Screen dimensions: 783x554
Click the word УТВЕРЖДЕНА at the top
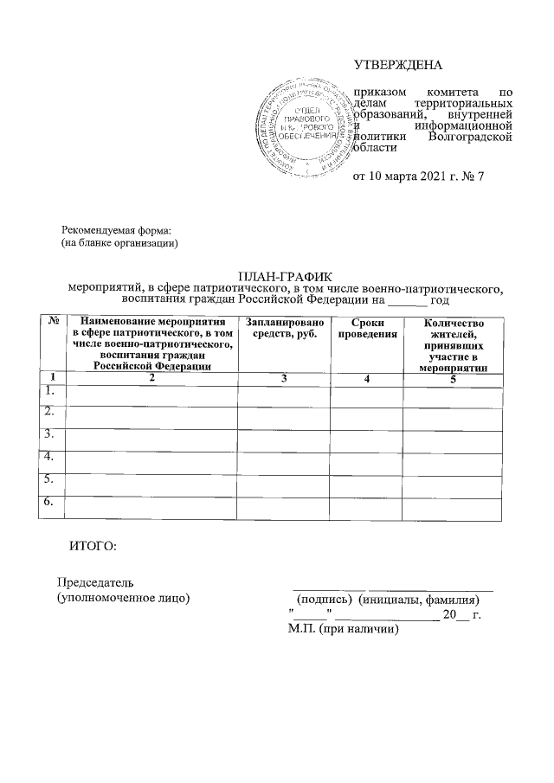click(x=397, y=66)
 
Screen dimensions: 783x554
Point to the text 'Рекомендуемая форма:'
click(x=117, y=230)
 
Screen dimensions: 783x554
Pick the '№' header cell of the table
click(x=52, y=322)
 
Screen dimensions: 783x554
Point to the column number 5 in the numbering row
click(x=453, y=377)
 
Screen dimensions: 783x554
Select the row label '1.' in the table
click(x=49, y=393)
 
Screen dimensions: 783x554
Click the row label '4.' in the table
click(x=49, y=456)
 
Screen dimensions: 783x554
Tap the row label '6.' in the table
click(x=49, y=502)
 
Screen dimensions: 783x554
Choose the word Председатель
click(x=95, y=582)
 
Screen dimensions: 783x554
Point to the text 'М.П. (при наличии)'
click(x=344, y=630)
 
